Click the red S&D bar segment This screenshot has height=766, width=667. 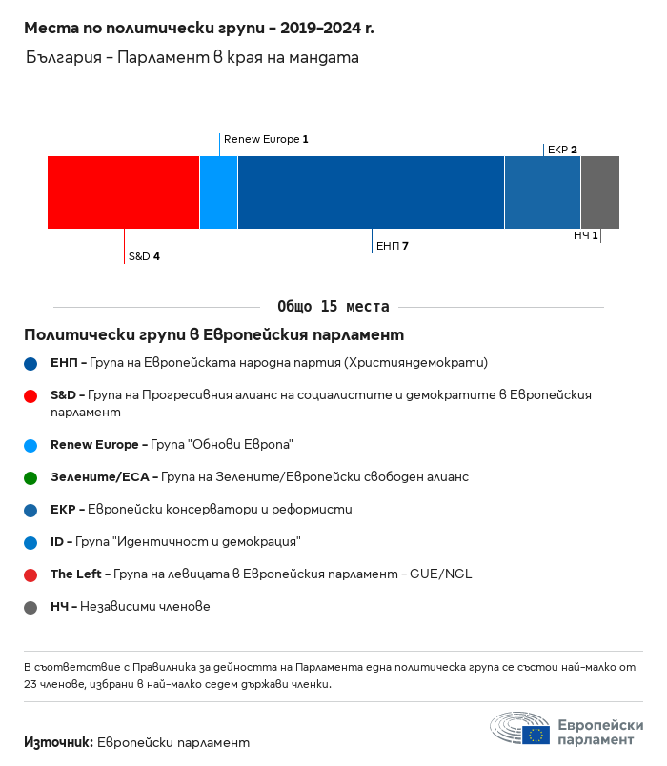click(x=123, y=192)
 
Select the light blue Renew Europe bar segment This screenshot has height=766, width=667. click(x=219, y=192)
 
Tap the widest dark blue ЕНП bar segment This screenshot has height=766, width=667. click(x=371, y=192)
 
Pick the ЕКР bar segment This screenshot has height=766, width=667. click(x=542, y=192)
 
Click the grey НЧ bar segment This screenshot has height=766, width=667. click(x=600, y=192)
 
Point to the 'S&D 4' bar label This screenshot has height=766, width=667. click(x=144, y=256)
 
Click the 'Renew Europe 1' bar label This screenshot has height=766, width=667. click(x=266, y=139)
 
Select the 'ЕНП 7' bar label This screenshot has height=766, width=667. click(x=393, y=246)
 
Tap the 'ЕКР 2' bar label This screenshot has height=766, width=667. click(x=562, y=150)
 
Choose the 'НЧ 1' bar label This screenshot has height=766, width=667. click(x=586, y=235)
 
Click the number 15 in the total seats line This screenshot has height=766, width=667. click(x=329, y=306)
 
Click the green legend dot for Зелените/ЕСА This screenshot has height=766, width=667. click(x=30, y=477)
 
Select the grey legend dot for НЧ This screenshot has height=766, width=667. click(x=30, y=607)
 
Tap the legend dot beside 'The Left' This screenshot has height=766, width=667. click(x=30, y=575)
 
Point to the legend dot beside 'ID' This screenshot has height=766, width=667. click(x=30, y=543)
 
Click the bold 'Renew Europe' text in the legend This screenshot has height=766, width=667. click(x=94, y=445)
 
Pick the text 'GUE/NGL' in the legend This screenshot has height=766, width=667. click(x=441, y=574)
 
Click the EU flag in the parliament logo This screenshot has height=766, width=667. click(x=536, y=735)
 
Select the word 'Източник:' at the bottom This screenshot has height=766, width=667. click(x=59, y=742)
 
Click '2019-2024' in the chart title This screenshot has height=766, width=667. click(x=320, y=28)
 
